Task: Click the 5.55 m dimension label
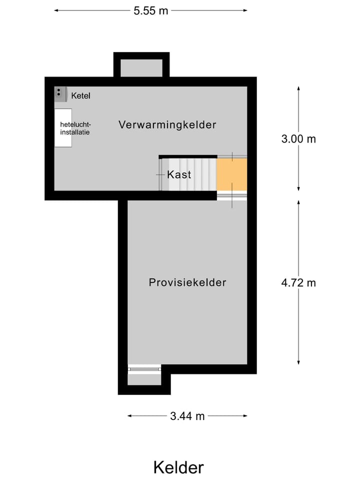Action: pos(151,10)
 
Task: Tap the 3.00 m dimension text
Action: pos(298,139)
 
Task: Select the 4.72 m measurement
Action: pos(298,282)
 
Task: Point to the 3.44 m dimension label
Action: pos(187,416)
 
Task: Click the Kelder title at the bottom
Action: pos(178,467)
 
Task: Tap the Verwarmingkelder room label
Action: pos(167,125)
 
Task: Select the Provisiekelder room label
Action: pos(187,282)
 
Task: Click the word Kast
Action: pos(179,175)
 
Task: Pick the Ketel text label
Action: pos(80,95)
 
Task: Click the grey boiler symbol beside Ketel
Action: pos(60,93)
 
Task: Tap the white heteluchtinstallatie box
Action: pos(63,128)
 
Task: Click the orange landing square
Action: pos(232,174)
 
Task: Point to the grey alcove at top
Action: pos(142,68)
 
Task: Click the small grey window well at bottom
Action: pos(144,379)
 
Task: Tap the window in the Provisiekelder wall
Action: pos(144,368)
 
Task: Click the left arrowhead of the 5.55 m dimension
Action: pos(56,10)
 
